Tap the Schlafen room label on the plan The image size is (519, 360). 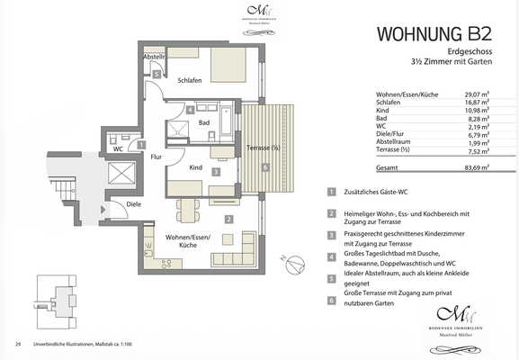[x=190, y=80]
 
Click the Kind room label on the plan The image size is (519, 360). [x=195, y=166]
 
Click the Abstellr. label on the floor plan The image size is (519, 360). [x=154, y=57]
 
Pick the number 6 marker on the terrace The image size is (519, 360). [x=264, y=167]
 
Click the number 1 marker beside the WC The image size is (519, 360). [x=141, y=144]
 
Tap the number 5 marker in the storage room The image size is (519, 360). [x=156, y=74]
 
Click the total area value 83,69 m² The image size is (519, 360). [x=476, y=167]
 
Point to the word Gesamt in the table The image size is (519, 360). [x=388, y=167]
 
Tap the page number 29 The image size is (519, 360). [x=18, y=344]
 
